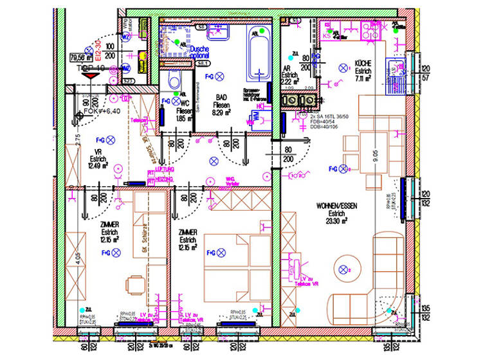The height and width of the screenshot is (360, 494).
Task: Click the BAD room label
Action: [x=221, y=96]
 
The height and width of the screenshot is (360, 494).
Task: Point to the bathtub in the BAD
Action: [x=260, y=52]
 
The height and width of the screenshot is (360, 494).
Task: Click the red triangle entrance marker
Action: [x=91, y=75]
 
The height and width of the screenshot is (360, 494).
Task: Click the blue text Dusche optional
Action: [x=200, y=51]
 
